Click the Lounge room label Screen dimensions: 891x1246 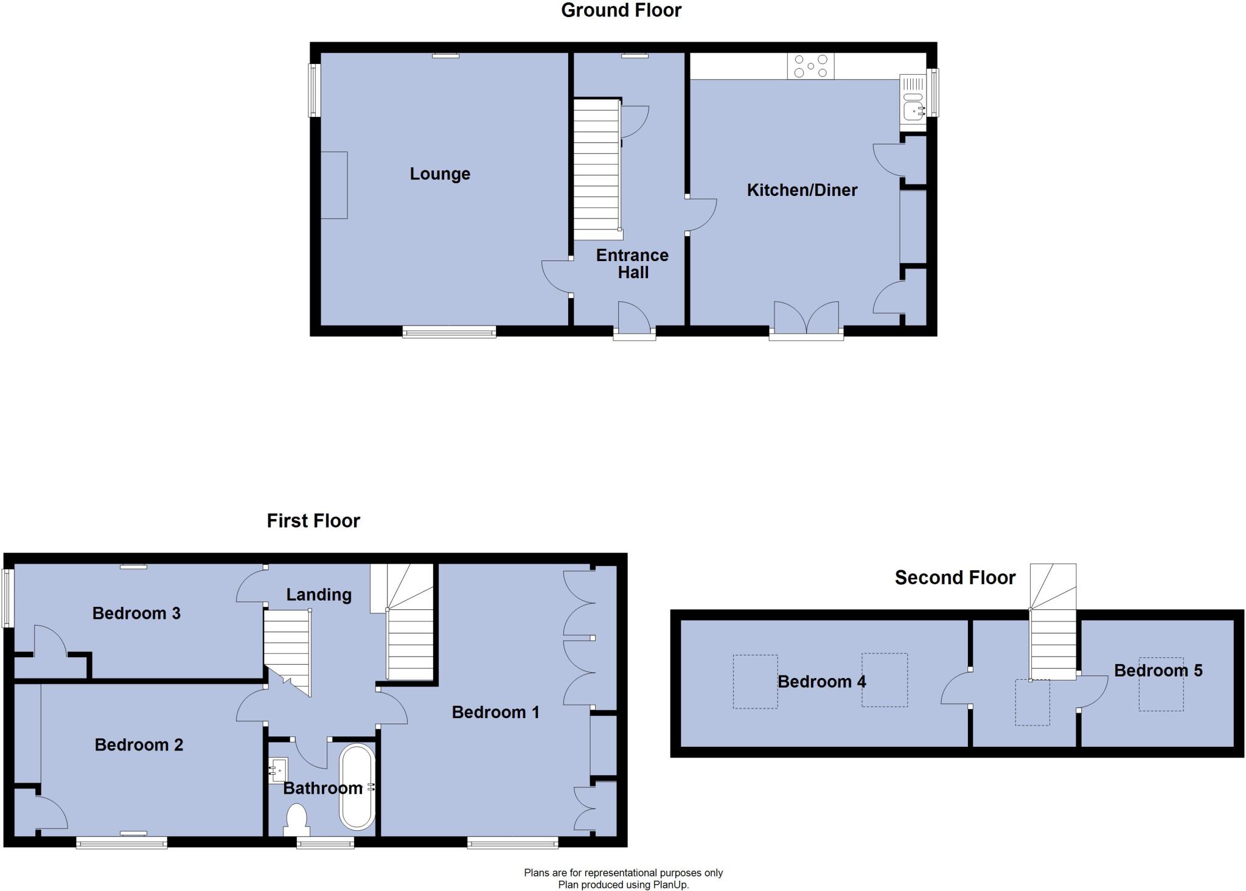440,174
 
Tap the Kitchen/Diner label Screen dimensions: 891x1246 802,190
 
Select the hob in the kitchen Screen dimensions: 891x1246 810,66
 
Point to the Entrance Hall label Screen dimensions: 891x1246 632,264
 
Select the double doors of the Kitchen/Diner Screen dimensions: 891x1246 806,319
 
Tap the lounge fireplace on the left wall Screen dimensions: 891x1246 334,185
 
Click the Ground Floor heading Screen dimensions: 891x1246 621,10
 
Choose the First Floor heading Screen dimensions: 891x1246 313,520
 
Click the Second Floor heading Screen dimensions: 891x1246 955,578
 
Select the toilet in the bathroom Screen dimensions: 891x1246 297,819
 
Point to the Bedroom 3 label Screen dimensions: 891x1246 136,613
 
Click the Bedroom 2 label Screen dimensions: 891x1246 139,744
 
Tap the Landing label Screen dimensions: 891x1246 319,595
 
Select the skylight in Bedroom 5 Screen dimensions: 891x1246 1161,684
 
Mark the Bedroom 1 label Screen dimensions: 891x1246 495,712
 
